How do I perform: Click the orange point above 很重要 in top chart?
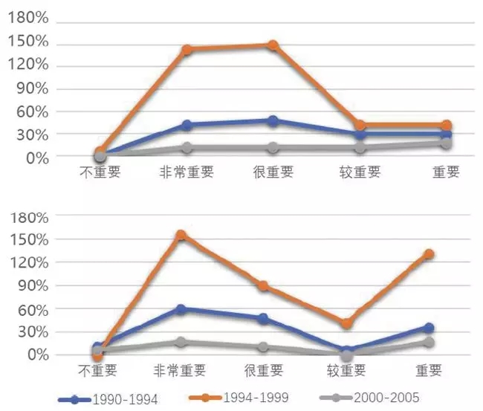pos(273,45)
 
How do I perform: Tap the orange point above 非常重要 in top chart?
pos(187,50)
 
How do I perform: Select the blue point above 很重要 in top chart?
pos(273,120)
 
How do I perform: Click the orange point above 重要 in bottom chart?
pos(429,254)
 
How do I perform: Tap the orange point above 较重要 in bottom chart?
pos(347,323)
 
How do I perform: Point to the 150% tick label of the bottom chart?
pos(27,239)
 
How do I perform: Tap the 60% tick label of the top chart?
pos(31,111)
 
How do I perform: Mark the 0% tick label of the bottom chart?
pos(36,355)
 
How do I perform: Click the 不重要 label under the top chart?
pos(100,172)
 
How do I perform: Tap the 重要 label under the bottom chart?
pos(429,370)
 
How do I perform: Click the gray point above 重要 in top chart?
pos(446,143)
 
